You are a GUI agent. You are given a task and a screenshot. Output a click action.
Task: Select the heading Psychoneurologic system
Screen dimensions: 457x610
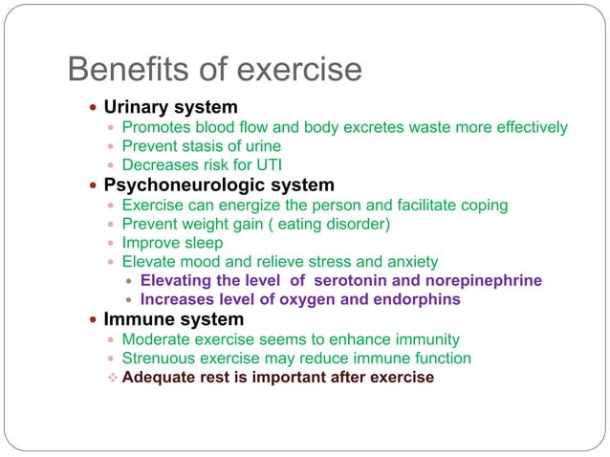point(219,185)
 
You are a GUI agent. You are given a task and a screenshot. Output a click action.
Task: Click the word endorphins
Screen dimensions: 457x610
point(416,300)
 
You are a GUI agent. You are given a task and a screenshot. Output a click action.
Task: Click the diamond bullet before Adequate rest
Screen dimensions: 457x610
point(113,378)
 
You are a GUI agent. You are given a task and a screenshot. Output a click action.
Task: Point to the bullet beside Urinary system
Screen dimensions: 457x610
point(91,107)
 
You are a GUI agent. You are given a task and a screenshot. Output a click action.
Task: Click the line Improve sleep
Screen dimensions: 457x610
point(172,243)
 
